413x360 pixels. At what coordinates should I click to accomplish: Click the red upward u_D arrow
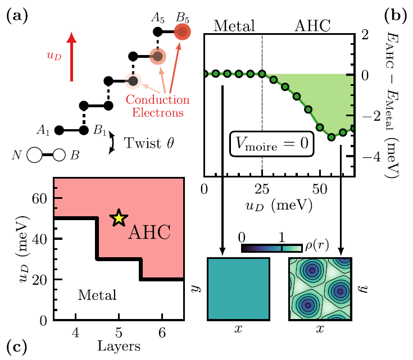coord(71,56)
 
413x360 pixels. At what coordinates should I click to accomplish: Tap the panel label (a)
coord(15,16)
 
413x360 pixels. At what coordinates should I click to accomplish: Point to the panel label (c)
coord(15,347)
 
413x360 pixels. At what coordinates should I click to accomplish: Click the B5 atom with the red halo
coord(181,33)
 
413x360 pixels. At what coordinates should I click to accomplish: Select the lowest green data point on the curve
coord(332,136)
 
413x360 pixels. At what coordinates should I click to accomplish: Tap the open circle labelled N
coord(36,155)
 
